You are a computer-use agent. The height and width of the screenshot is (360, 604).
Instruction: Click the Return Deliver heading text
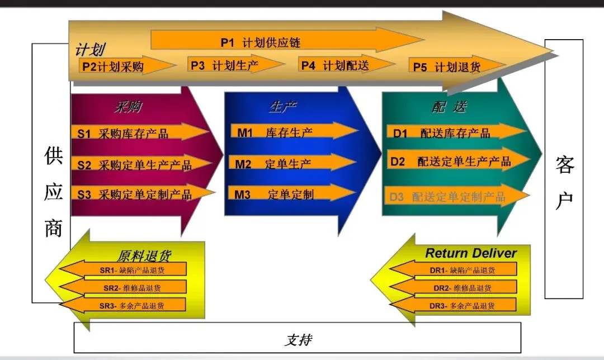click(470, 253)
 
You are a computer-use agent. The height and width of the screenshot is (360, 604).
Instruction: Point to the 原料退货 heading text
click(144, 256)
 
